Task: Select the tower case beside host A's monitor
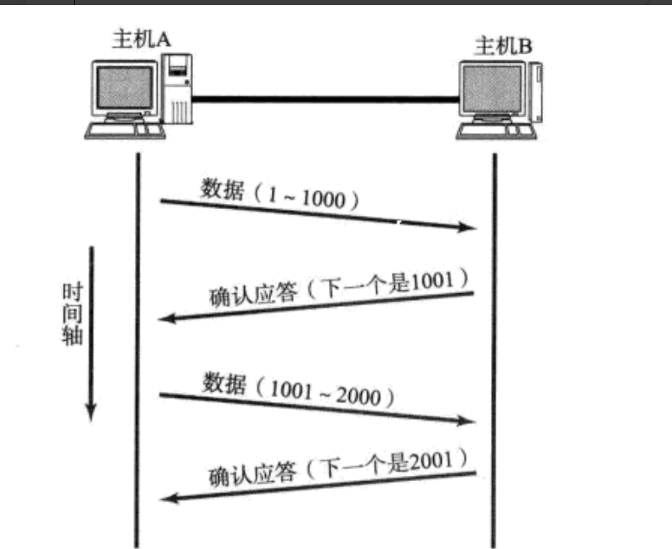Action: tap(178, 88)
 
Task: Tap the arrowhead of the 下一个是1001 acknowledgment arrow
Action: tap(168, 319)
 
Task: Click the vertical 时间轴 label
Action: tap(72, 314)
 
